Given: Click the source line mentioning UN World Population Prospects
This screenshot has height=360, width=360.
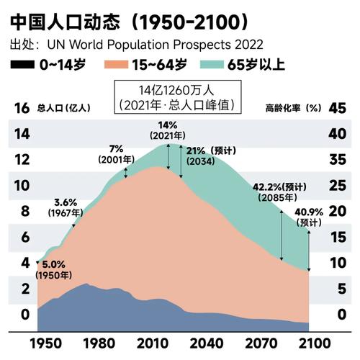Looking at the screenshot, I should click(x=136, y=44).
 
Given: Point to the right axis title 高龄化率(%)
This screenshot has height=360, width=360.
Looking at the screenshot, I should click(x=292, y=108).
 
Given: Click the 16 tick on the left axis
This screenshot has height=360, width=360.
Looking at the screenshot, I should click(x=22, y=108).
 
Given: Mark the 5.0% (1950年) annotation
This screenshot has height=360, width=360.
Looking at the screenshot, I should click(x=55, y=269).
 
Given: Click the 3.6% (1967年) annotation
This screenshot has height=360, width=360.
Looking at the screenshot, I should click(x=66, y=207).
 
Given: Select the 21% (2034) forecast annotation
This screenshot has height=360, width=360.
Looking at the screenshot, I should click(x=200, y=156).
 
